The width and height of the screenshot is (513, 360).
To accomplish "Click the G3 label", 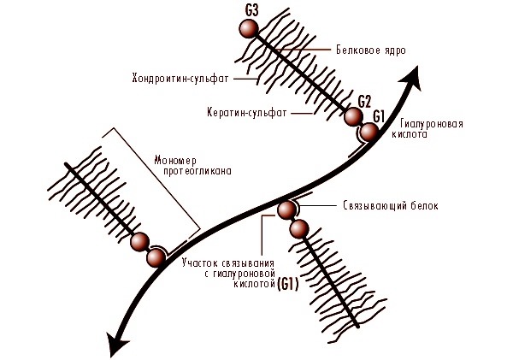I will [x=251, y=10].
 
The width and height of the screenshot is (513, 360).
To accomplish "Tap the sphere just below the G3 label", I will [x=249, y=29].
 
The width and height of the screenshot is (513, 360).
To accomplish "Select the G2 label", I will [x=365, y=100].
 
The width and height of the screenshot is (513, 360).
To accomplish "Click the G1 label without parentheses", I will [x=380, y=115].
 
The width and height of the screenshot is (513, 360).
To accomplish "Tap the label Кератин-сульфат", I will [x=247, y=112].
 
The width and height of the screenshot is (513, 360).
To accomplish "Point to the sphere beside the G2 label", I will [x=352, y=117].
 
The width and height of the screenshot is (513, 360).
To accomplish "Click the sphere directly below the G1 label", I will [x=368, y=132].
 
